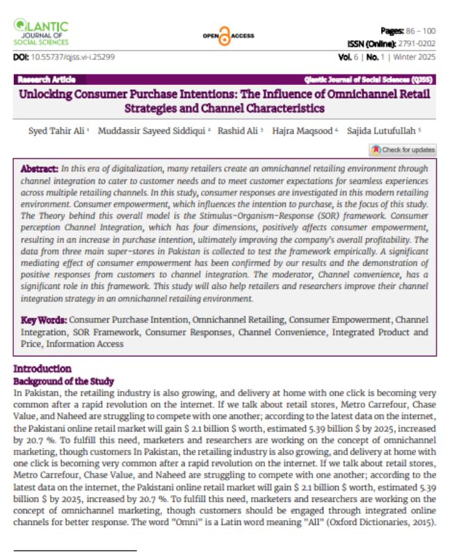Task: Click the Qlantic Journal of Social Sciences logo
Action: (41, 34)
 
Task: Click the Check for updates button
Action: (403, 150)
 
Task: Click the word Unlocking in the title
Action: (48, 94)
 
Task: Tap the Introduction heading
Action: (42, 368)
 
